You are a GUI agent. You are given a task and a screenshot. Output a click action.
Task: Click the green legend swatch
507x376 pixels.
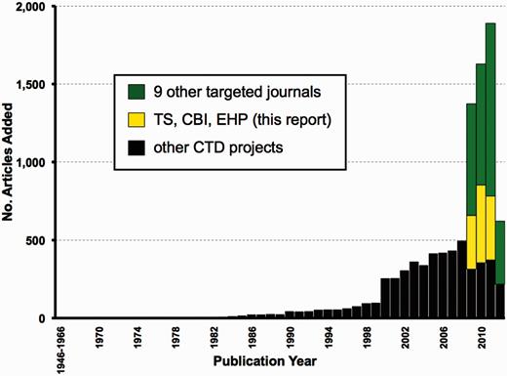(137, 93)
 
